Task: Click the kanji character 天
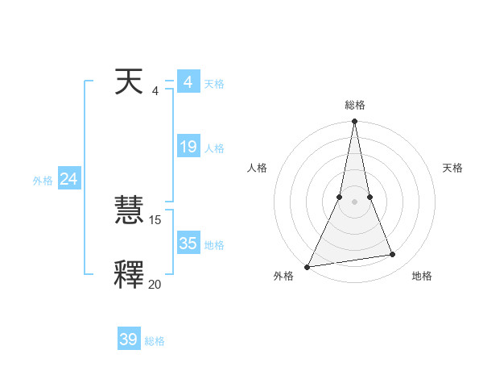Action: point(129,82)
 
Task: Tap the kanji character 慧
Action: point(129,211)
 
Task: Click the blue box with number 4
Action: point(188,82)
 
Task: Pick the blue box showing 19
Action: point(188,147)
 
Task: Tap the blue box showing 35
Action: point(188,244)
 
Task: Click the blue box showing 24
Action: point(68,179)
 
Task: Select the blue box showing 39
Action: point(128,339)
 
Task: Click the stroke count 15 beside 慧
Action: point(155,219)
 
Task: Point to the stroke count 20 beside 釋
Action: point(155,284)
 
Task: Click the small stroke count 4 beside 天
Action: point(155,90)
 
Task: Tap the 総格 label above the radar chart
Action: point(355,105)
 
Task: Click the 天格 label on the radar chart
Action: point(453,168)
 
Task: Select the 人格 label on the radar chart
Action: point(257,168)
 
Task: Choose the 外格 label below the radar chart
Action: point(283,276)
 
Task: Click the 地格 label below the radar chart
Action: point(422,276)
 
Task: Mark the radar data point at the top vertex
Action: point(355,122)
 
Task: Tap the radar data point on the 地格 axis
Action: point(393,255)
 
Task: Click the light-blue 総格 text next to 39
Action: point(155,341)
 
